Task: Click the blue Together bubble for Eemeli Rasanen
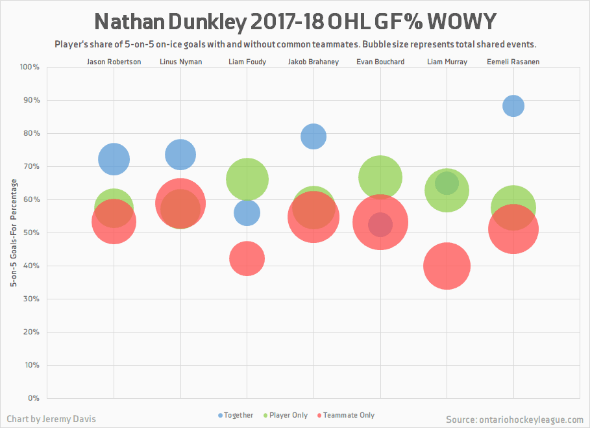click(513, 105)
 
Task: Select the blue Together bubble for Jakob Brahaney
click(313, 136)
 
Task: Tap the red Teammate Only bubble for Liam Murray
click(447, 266)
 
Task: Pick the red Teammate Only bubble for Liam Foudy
click(247, 258)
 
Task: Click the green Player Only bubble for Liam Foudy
click(247, 179)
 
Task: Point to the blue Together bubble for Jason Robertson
click(114, 158)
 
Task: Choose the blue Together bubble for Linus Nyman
click(180, 154)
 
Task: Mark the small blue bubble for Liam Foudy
click(247, 212)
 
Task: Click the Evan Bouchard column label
click(380, 62)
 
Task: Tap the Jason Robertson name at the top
click(114, 62)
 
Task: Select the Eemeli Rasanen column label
click(513, 62)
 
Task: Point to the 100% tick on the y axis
click(30, 67)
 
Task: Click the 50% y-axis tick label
click(32, 233)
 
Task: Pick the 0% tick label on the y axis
click(34, 397)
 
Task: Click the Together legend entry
click(236, 415)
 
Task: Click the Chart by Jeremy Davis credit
click(51, 419)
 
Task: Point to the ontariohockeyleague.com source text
click(515, 419)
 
